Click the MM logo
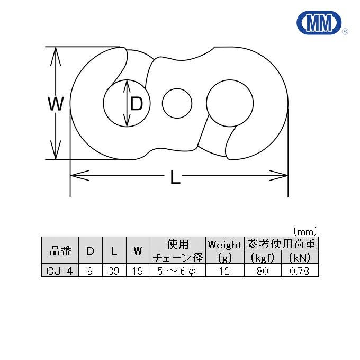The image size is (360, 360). coord(319,22)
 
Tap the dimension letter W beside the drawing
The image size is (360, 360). coord(56,104)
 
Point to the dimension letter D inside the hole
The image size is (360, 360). coord(137,104)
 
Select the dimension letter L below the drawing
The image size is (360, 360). coord(175,176)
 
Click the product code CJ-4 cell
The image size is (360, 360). coord(59,271)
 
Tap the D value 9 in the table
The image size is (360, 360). coord(90,271)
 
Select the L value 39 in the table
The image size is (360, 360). coord(114,271)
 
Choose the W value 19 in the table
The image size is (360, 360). coord(138,271)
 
